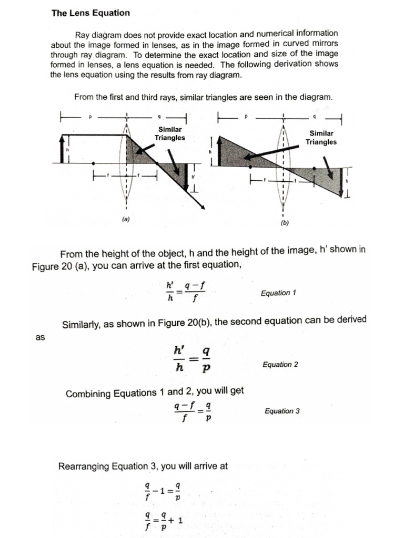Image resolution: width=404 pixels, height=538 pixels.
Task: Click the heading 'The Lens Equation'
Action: point(90,13)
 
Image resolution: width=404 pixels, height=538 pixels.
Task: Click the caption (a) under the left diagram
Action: point(126,220)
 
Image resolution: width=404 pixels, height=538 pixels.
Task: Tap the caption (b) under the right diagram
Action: point(285,223)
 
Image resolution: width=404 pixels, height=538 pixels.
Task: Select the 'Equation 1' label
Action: point(278,293)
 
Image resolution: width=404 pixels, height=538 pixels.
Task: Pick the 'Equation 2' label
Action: point(280,364)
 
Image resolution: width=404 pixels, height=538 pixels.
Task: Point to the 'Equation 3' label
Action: point(282,411)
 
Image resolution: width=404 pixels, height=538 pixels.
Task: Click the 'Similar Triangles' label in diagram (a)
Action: point(169,133)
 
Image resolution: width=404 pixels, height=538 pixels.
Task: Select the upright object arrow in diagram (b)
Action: point(211,151)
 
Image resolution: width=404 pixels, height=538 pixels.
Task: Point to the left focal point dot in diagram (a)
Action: point(93,163)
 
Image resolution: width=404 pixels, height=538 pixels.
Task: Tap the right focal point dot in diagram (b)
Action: point(314,169)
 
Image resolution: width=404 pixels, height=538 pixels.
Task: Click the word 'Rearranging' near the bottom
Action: point(82,465)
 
